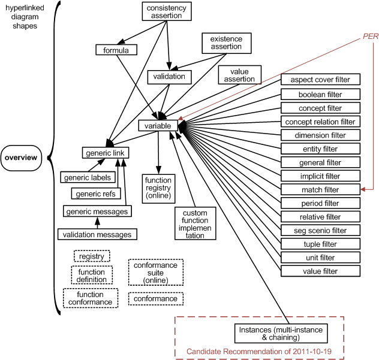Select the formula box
116,50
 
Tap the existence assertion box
226,43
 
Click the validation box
170,77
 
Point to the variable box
158,126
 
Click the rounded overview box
20,158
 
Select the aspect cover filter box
320,80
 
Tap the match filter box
320,190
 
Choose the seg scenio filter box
320,231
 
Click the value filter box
320,271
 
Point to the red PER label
370,36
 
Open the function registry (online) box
158,187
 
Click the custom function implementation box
195,223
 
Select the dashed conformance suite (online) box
156,273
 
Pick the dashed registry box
91,256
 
